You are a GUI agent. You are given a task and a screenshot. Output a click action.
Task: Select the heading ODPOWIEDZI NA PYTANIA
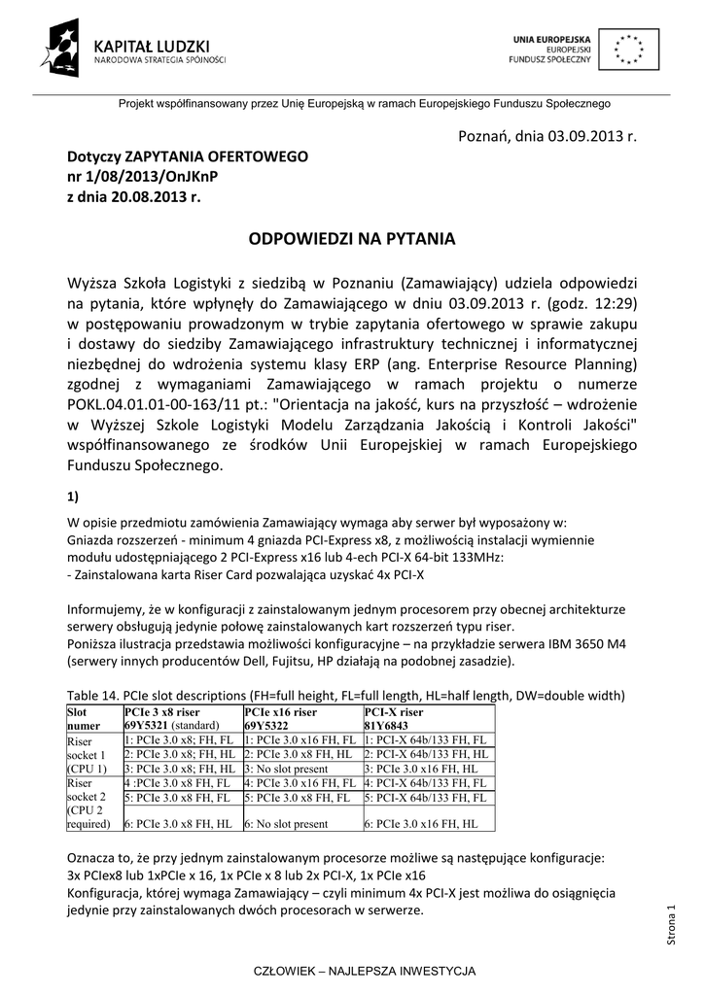352,238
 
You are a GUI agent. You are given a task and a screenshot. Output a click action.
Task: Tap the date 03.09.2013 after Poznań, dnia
580,133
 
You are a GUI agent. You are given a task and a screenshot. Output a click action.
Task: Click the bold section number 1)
73,496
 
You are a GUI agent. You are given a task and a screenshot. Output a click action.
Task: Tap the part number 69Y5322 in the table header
267,725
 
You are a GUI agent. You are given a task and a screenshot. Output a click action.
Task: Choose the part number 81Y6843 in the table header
387,725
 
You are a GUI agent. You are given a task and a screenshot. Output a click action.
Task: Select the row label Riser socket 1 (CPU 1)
87,753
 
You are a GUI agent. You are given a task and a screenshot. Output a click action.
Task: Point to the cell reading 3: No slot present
283,768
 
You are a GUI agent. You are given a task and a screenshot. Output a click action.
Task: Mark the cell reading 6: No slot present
283,824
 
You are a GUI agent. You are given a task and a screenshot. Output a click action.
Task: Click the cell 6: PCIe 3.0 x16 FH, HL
422,824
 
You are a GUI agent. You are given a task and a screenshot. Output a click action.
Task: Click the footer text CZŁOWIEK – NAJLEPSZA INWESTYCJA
351,971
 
